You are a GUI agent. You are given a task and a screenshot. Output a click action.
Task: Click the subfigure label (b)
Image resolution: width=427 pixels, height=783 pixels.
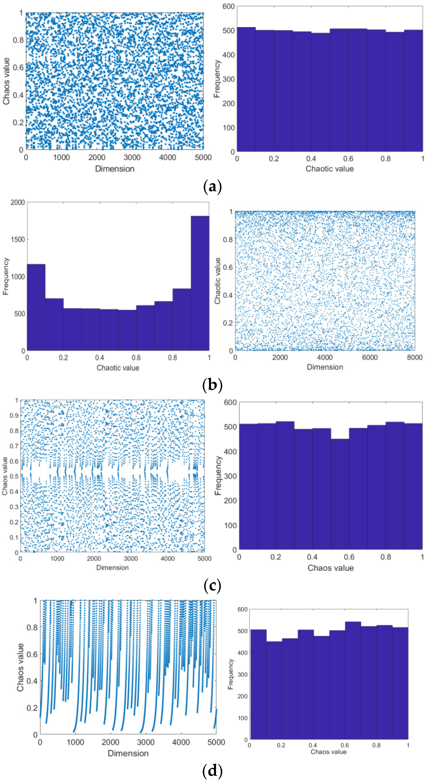[212, 385]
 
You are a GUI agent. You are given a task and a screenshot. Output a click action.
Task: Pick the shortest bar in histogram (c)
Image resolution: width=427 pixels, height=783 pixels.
[340, 494]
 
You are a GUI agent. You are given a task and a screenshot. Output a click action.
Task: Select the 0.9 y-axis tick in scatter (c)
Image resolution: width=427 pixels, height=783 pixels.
[14, 415]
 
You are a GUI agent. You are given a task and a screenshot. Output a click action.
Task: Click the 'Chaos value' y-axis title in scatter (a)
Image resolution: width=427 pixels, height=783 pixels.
[6, 81]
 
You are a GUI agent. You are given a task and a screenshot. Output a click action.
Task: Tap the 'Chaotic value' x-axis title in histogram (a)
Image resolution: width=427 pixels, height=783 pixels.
[330, 169]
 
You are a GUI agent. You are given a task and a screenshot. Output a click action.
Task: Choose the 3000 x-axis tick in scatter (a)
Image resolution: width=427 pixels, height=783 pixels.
[132, 157]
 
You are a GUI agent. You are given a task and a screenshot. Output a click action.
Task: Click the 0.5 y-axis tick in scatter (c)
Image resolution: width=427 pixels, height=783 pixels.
[14, 476]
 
